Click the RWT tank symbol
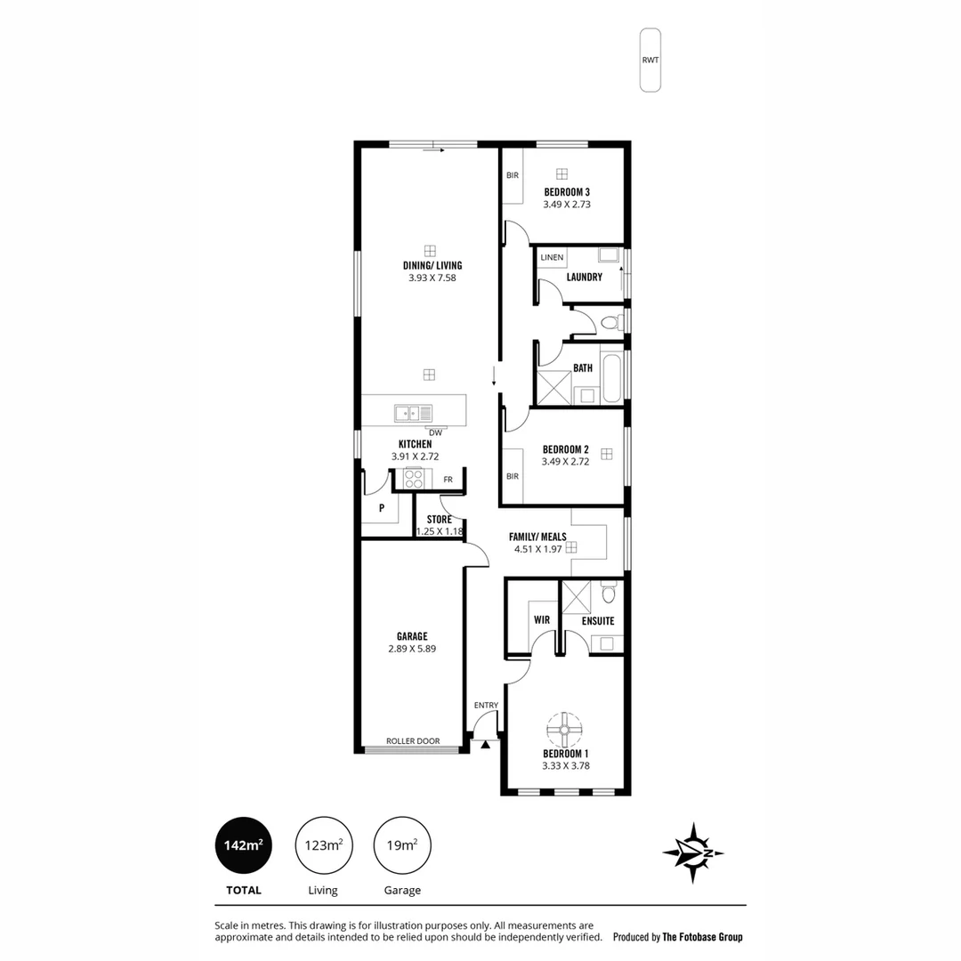[x=650, y=60]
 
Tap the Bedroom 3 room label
[x=567, y=192]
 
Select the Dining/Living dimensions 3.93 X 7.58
[x=432, y=278]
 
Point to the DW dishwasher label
[x=435, y=433]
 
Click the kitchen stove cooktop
[x=414, y=478]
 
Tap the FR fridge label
[x=448, y=480]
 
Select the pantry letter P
[x=381, y=509]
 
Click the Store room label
[x=439, y=520]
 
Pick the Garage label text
[x=412, y=636]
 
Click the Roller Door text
[x=413, y=741]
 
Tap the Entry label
[x=486, y=706]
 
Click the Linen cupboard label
[x=552, y=258]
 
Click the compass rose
[x=693, y=853]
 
